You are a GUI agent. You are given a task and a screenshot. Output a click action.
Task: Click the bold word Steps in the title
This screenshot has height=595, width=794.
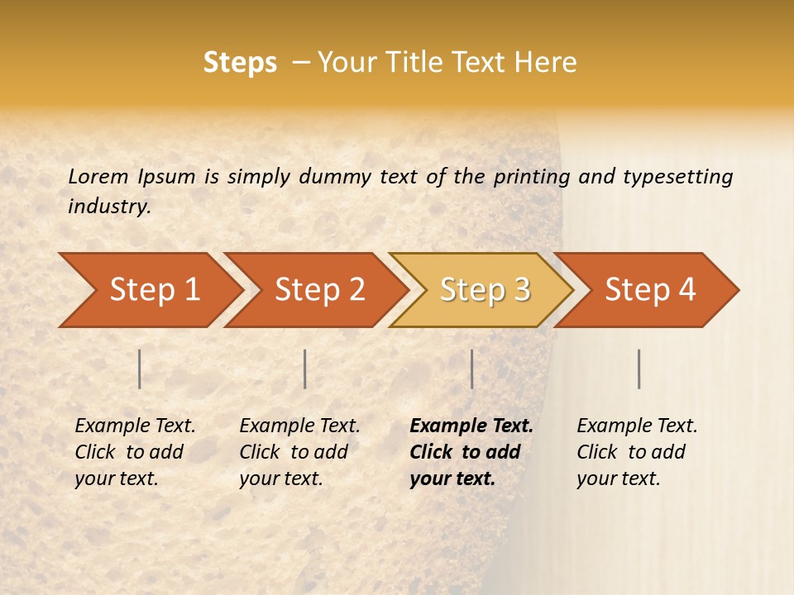[x=240, y=63]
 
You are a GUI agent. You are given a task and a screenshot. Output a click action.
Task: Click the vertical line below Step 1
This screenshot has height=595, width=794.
[x=140, y=369]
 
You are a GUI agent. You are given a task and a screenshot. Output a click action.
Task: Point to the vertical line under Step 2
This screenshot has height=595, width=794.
[x=305, y=369]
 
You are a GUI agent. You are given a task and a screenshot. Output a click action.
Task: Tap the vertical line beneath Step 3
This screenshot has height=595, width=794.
[x=471, y=369]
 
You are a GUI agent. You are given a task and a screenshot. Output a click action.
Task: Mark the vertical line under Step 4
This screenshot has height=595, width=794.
[x=639, y=369]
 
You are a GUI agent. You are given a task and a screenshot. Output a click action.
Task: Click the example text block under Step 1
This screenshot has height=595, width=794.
[x=135, y=452]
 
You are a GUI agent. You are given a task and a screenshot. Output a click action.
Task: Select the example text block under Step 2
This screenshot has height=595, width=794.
[x=299, y=452]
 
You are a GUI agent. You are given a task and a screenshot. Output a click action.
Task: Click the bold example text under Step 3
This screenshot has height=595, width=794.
[x=471, y=452]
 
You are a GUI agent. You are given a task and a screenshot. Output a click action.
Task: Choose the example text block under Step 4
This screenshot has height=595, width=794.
[x=637, y=452]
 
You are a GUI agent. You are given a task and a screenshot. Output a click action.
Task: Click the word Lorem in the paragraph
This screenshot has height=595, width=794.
[x=98, y=176]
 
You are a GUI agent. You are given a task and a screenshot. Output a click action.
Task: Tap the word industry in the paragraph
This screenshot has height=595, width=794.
[x=109, y=207]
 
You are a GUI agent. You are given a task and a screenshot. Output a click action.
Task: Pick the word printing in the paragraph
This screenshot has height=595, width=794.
[x=529, y=177]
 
